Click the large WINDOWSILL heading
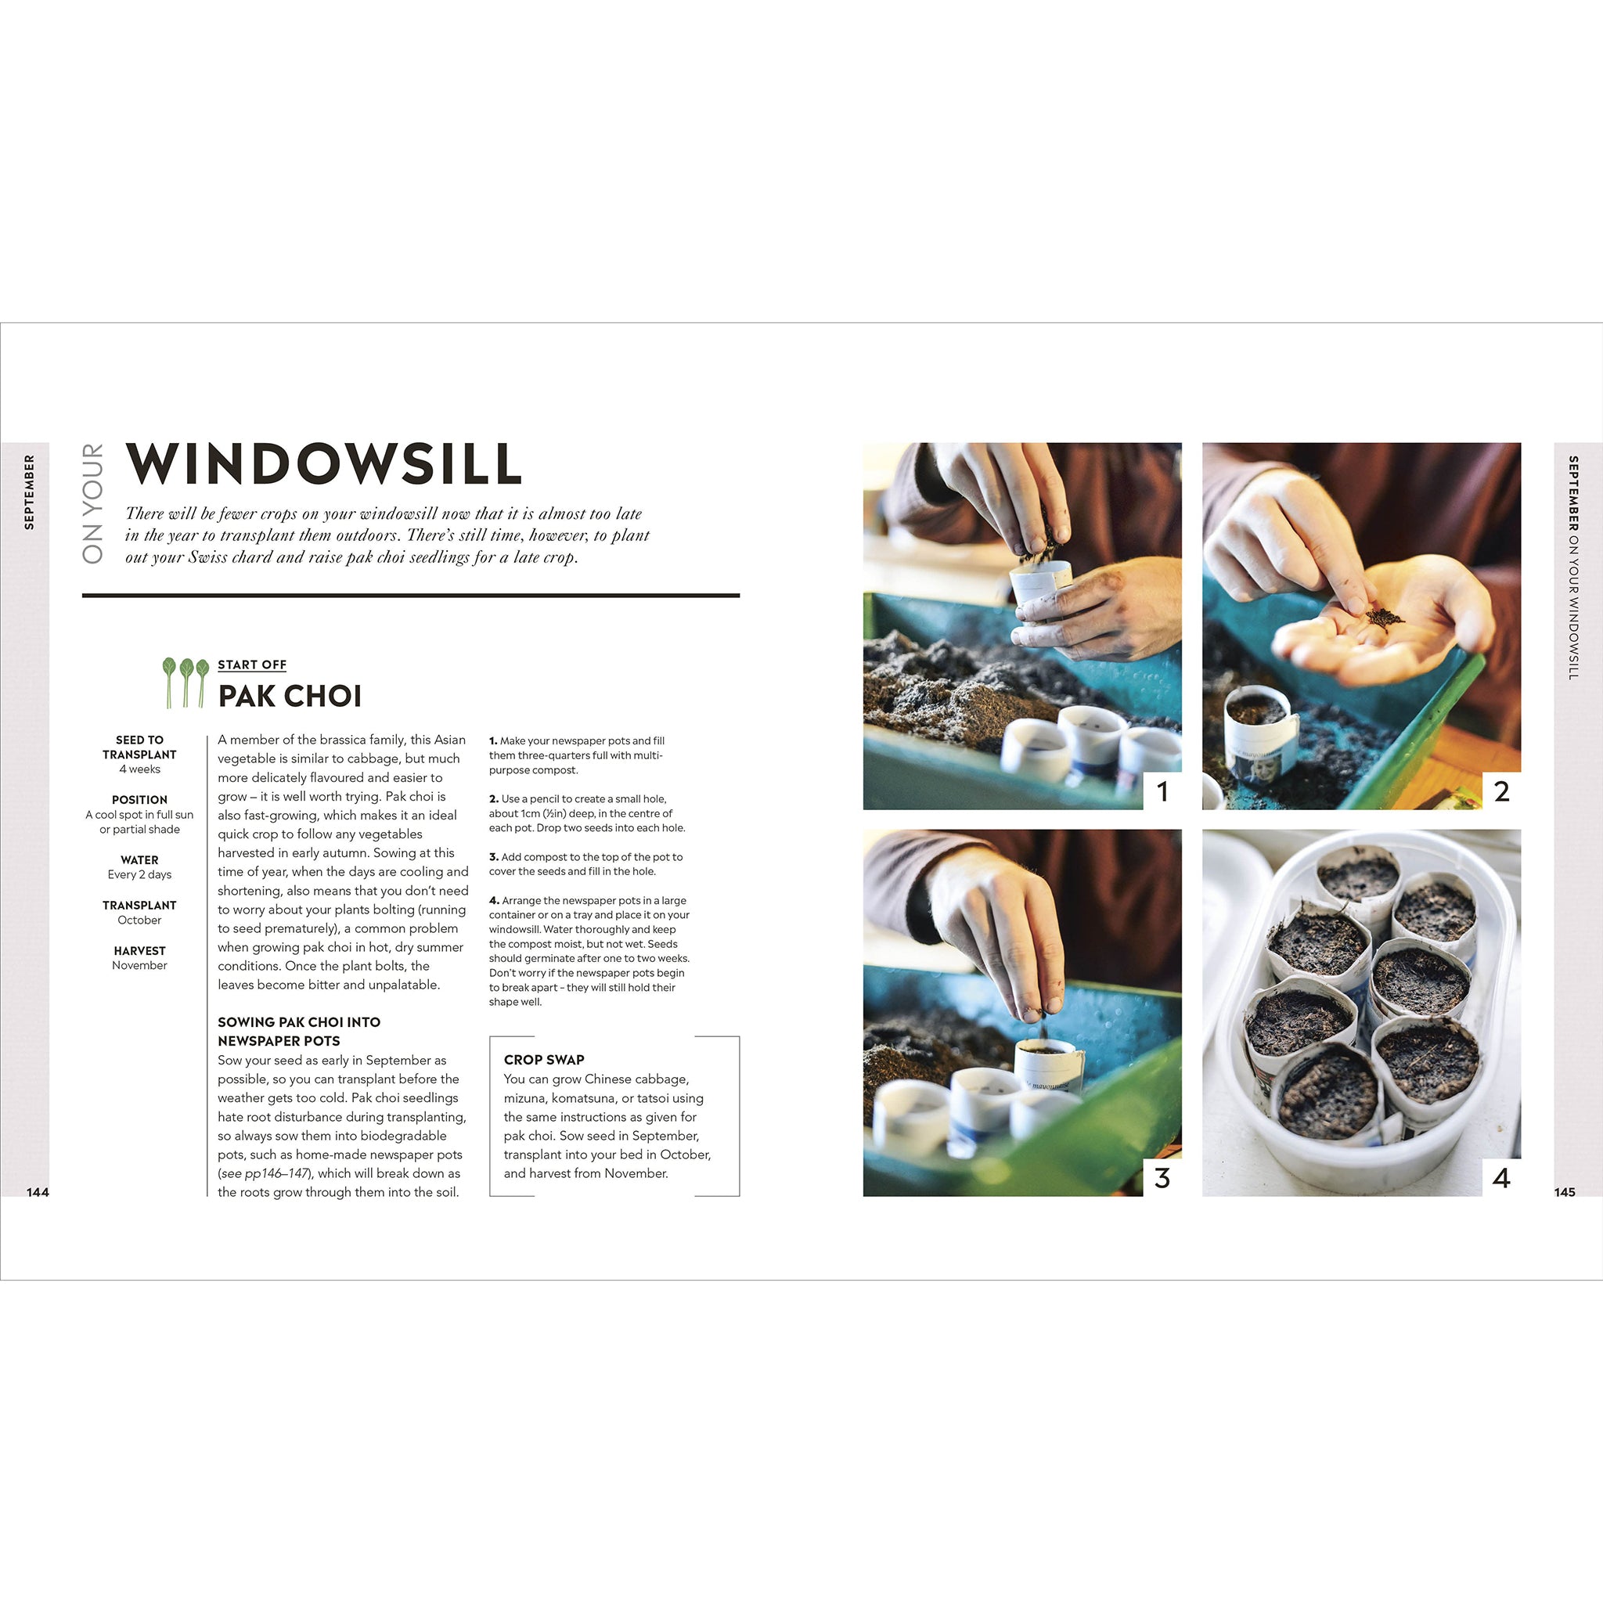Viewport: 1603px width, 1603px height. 323,464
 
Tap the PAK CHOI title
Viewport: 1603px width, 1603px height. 290,696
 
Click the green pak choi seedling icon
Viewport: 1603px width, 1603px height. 185,683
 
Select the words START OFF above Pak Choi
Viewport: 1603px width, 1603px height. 252,665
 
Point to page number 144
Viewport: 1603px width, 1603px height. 38,1192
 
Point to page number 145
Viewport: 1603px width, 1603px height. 1564,1192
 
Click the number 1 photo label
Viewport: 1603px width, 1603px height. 1162,791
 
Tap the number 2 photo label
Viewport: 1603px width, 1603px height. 1502,791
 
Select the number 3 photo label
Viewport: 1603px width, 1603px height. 1162,1178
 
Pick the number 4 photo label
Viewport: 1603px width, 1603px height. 1502,1178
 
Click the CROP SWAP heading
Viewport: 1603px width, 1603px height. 544,1060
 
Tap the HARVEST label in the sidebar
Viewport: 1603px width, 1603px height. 139,951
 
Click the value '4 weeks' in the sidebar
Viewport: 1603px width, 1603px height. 139,769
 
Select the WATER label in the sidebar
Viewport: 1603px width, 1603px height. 139,860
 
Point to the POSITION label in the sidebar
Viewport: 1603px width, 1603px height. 139,800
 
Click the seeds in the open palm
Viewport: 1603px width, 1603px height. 1383,620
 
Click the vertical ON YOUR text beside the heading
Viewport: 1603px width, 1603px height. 93,503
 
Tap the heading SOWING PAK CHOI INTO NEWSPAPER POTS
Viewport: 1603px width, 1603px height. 299,1032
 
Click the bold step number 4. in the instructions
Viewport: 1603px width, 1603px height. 494,900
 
